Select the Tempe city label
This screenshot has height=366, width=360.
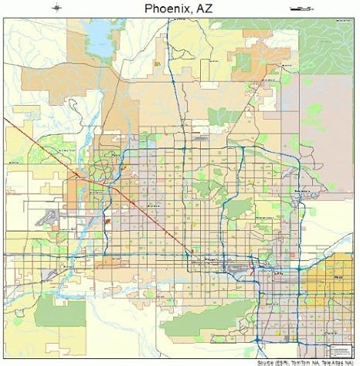[279, 273]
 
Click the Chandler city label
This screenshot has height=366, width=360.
[332, 332]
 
